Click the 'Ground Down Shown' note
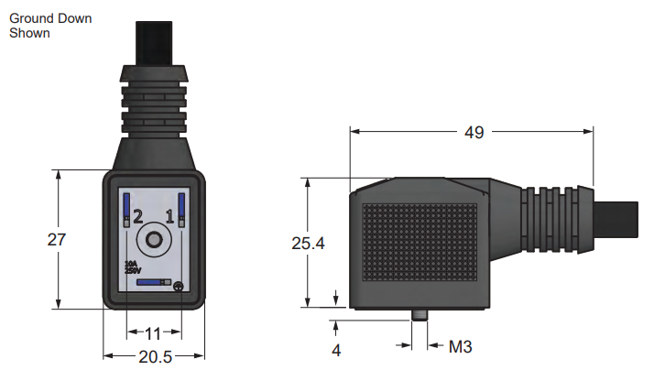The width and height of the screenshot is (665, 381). (x=49, y=26)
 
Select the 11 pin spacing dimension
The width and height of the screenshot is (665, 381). (x=153, y=332)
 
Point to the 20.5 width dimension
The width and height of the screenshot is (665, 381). (x=153, y=356)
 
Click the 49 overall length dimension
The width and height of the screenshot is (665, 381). (x=473, y=132)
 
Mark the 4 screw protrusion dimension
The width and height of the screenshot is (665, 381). (x=336, y=349)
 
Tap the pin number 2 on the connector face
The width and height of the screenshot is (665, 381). (x=137, y=217)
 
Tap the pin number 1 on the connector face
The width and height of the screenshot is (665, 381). (x=169, y=217)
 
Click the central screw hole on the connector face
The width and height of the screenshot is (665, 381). (x=153, y=241)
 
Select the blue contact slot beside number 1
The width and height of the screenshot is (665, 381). (x=181, y=211)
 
